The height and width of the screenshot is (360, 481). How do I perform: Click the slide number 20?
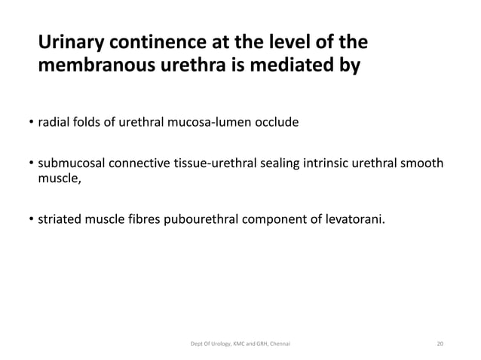[x=440, y=343]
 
